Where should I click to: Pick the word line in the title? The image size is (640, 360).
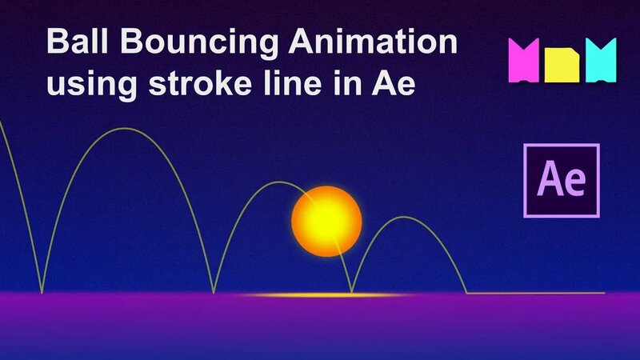(300, 82)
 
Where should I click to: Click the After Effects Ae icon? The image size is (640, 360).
(561, 181)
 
